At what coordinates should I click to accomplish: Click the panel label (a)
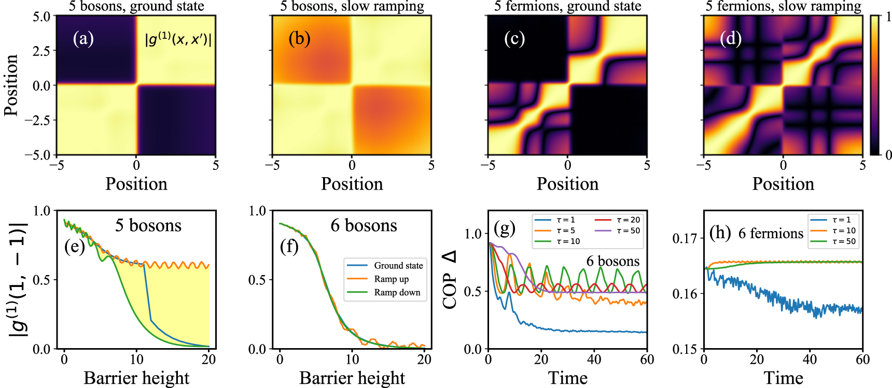(83, 39)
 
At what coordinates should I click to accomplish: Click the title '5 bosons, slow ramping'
(352, 7)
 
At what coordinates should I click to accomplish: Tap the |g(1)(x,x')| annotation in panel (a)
(178, 39)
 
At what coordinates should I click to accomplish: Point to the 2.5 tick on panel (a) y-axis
(41, 51)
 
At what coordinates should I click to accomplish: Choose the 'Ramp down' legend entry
(397, 293)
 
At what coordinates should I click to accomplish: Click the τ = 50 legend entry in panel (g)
(628, 231)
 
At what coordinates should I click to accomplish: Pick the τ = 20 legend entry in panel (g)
(628, 220)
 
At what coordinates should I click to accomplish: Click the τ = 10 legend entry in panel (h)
(844, 231)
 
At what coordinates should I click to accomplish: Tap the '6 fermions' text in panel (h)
(771, 234)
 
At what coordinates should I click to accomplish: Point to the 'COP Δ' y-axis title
(450, 280)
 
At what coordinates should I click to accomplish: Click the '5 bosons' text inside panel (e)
(148, 225)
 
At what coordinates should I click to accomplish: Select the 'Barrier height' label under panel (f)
(352, 378)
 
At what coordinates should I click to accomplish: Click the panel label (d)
(730, 39)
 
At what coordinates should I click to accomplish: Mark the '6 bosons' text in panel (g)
(612, 261)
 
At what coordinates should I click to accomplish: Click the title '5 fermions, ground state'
(567, 7)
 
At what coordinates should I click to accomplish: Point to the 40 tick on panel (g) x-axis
(594, 360)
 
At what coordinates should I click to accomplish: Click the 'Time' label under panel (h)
(783, 378)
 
